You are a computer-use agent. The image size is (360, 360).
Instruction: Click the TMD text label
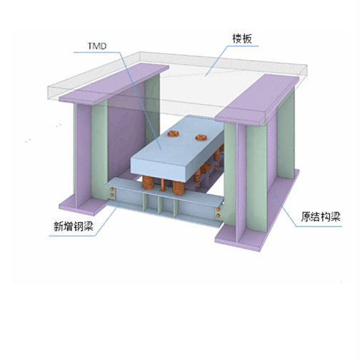97,46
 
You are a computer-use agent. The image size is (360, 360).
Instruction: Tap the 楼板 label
242,39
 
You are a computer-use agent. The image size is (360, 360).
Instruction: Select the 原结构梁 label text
321,217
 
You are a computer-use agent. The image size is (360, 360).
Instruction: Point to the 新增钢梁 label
74,226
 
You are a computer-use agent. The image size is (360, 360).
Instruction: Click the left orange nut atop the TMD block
173,134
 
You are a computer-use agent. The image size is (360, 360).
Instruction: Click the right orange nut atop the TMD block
201,137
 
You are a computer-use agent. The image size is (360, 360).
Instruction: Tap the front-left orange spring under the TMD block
148,183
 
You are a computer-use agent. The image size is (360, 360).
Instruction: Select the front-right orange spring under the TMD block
178,189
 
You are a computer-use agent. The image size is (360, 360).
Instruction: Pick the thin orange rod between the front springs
163,185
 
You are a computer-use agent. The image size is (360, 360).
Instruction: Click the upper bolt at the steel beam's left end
111,189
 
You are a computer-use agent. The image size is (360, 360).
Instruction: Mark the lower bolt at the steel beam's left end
111,195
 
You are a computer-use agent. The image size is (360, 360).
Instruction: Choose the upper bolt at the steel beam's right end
218,209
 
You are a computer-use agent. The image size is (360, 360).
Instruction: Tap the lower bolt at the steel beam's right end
218,216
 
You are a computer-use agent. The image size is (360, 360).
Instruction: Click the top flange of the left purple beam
114,84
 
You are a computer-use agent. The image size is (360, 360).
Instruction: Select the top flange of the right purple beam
257,99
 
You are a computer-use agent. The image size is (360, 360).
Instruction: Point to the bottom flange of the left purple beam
82,206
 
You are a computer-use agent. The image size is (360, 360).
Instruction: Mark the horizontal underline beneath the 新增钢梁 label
72,236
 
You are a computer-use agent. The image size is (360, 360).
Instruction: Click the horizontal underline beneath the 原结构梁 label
319,226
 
